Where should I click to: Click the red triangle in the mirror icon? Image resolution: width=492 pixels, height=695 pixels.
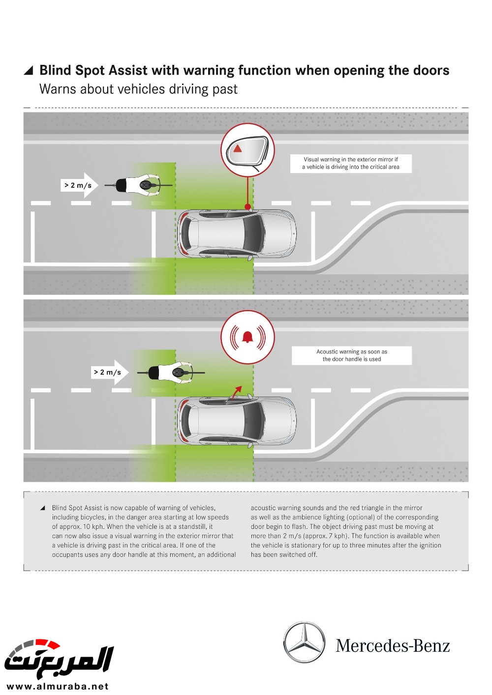click(238, 148)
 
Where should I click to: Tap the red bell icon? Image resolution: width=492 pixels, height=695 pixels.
click(247, 337)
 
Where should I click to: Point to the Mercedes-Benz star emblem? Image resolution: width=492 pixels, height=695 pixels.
click(305, 642)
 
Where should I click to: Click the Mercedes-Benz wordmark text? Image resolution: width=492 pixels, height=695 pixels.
click(393, 645)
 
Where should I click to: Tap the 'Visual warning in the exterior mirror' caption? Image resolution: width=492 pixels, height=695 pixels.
click(351, 163)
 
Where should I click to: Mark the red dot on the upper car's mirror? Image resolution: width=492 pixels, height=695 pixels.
click(248, 207)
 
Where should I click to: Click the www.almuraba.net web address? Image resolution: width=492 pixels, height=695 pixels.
click(58, 686)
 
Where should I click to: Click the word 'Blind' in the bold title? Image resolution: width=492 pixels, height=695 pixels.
click(55, 70)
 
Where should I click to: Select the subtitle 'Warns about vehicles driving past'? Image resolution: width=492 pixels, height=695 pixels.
click(138, 89)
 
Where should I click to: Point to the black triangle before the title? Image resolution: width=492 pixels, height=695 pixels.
click(29, 71)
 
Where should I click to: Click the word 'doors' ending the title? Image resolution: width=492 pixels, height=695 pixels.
click(431, 70)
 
